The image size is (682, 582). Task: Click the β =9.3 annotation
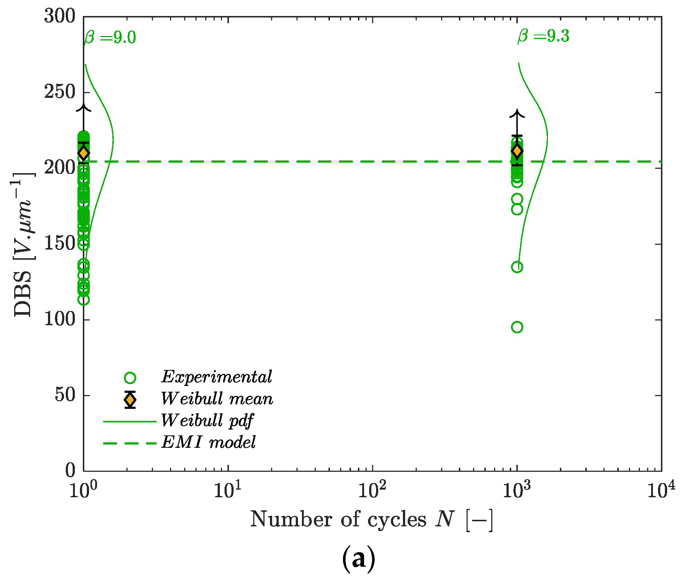coord(543,36)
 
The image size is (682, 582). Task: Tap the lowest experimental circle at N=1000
coord(517,327)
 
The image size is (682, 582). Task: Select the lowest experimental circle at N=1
coord(84,300)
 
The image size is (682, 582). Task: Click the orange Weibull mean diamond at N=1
coord(84,153)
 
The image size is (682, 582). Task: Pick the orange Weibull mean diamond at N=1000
coord(517,151)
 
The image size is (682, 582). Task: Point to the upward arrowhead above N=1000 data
coord(517,113)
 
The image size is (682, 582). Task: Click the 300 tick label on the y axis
coord(60,16)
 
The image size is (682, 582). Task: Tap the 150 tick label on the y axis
coord(60,244)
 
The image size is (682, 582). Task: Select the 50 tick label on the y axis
coord(65,395)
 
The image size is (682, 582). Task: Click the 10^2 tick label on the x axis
coord(372,490)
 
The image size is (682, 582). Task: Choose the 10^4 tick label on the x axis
coord(660,490)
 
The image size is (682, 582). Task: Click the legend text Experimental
coord(217,377)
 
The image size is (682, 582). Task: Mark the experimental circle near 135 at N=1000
coord(517,267)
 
